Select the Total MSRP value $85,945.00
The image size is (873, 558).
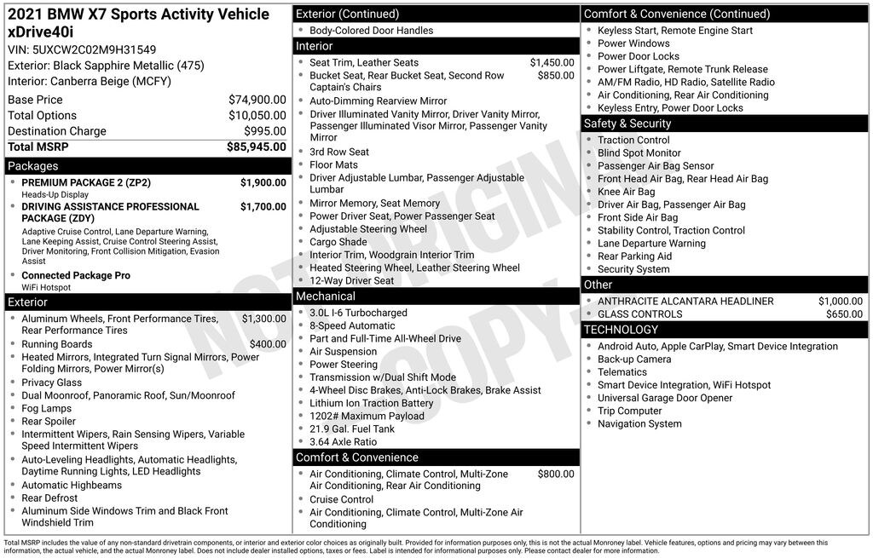pos(256,147)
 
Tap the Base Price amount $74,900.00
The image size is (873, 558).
pos(257,100)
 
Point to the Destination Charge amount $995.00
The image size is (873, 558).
pos(264,131)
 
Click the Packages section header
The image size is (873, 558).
pos(33,166)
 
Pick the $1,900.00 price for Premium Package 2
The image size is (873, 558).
pos(263,182)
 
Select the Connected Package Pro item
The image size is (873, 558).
pos(76,275)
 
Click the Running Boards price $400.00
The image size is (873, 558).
pos(268,344)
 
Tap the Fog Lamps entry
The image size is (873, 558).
pos(46,408)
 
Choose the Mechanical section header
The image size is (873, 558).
pos(325,296)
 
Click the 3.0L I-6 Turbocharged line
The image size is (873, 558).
pos(358,313)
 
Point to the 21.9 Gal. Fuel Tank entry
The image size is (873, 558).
pos(352,429)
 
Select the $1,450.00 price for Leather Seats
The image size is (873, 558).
pos(552,62)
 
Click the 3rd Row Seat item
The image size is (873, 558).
pos(339,152)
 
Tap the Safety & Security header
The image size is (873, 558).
pos(627,124)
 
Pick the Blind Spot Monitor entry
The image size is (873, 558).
pos(639,152)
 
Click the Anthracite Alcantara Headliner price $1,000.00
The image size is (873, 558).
pos(840,301)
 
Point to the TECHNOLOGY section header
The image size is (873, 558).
pos(621,330)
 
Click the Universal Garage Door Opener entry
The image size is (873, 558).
pos(664,398)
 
